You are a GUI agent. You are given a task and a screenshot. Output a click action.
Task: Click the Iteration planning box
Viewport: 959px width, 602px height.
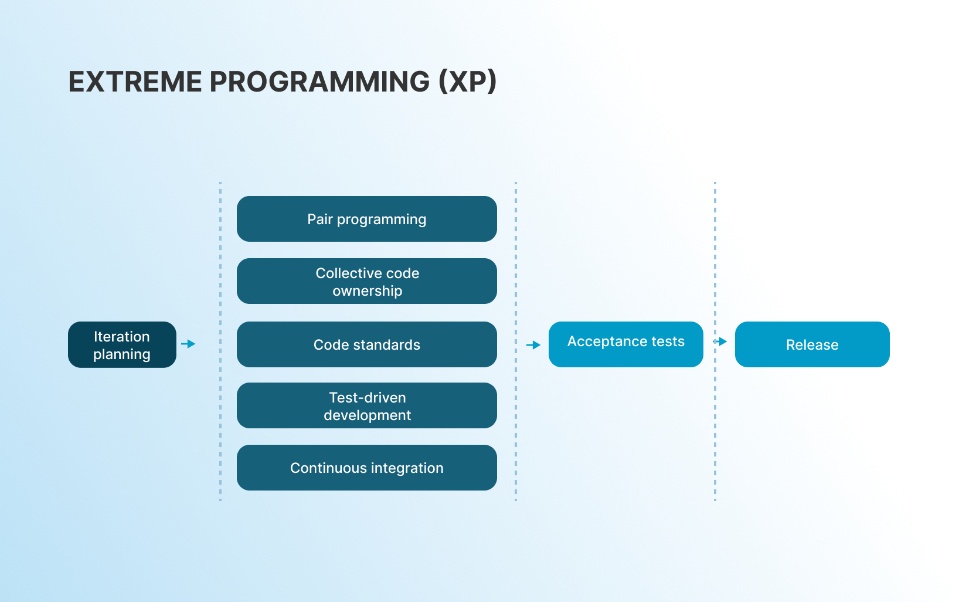[122, 344]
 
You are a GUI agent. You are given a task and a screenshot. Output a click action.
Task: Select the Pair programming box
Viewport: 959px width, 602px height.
[367, 219]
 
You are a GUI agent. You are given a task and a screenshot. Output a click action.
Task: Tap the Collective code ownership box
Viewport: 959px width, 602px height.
[367, 281]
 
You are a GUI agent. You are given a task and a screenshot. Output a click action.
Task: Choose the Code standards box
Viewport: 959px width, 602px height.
[367, 344]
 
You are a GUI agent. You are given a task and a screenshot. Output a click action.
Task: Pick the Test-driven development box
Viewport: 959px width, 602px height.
[367, 405]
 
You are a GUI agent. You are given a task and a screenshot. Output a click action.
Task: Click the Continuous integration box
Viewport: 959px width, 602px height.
[367, 468]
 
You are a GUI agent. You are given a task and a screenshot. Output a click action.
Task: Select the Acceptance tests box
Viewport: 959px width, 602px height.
[626, 344]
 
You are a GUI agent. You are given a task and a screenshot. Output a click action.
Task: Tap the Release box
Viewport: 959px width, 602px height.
[812, 344]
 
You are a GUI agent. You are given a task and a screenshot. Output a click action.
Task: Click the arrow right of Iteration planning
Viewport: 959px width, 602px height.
[188, 344]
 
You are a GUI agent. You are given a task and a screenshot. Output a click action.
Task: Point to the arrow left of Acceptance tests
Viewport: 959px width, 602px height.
[533, 345]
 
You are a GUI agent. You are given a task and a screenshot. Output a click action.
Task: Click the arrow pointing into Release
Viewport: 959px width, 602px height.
[720, 341]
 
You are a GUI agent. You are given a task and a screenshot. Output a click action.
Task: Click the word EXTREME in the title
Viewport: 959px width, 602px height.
[135, 82]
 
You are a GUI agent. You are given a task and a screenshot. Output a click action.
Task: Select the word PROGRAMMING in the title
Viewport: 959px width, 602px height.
[319, 82]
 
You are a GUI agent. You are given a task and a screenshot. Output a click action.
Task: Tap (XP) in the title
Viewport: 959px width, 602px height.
[468, 82]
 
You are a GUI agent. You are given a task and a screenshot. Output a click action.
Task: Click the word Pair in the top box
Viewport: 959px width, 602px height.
[320, 219]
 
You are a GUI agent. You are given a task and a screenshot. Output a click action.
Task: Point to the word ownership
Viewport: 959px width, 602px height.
[368, 291]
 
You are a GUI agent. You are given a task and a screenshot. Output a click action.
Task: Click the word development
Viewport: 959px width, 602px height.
[368, 415]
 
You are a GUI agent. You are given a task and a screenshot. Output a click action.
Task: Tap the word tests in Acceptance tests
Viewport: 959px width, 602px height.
[668, 341]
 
